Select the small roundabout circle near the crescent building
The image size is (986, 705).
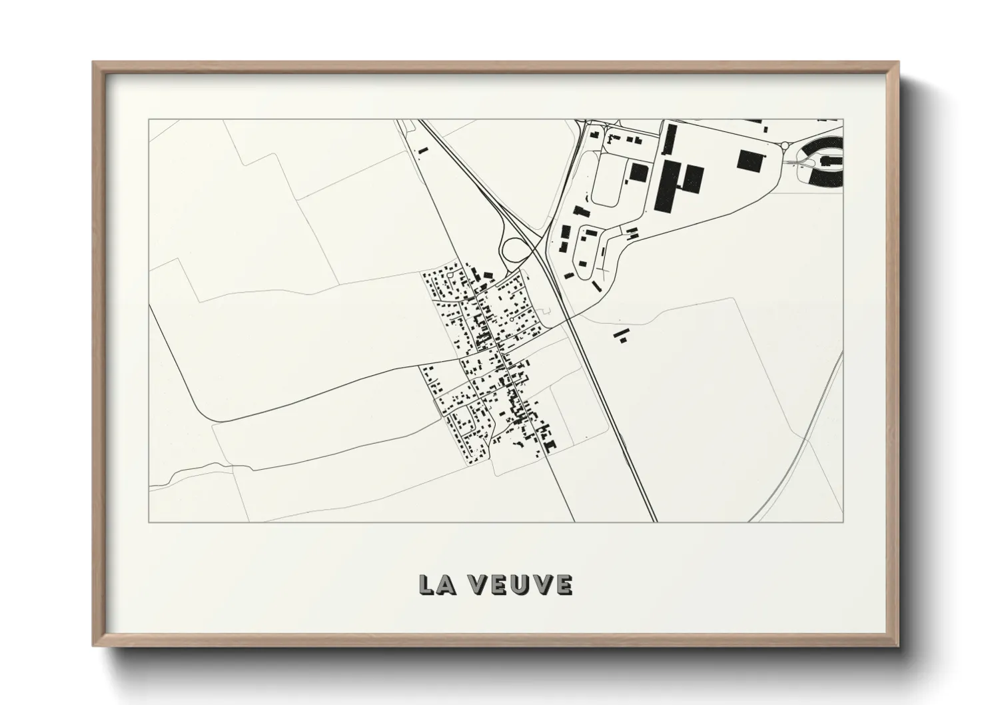pyautogui.click(x=785, y=146)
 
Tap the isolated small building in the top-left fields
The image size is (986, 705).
pyautogui.click(x=421, y=151)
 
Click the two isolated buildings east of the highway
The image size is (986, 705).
pyautogui.click(x=622, y=335)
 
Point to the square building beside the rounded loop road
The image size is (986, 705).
pyautogui.click(x=638, y=173)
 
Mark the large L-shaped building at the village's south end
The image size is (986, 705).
pyautogui.click(x=549, y=444)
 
